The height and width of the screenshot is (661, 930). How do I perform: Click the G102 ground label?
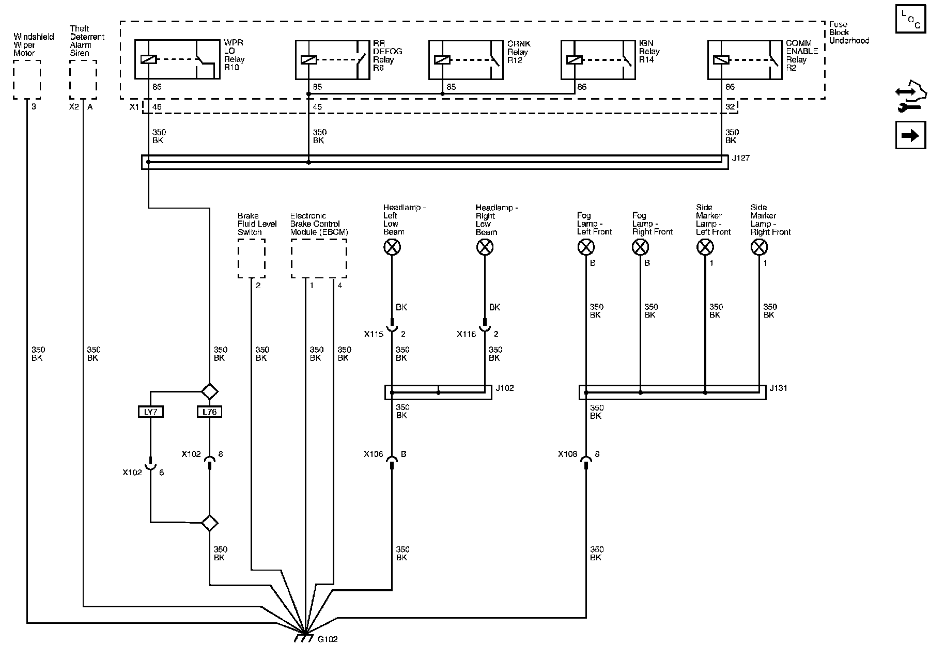click(327, 639)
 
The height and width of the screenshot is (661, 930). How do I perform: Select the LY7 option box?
click(150, 412)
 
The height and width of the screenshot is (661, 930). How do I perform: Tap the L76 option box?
click(209, 412)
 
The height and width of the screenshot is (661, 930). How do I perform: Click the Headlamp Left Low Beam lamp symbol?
click(392, 248)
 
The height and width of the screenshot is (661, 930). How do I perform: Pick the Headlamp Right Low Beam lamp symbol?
click(485, 248)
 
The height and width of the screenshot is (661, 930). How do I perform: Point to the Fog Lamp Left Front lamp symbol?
click(585, 248)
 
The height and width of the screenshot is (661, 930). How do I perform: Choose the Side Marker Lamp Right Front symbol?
click(758, 248)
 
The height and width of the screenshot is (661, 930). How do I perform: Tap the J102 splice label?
click(505, 388)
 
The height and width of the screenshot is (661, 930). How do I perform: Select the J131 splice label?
click(778, 388)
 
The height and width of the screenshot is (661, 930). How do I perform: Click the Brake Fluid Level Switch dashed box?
click(252, 259)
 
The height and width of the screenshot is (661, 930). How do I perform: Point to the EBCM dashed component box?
click(319, 259)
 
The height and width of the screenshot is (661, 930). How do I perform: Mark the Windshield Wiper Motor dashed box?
click(27, 79)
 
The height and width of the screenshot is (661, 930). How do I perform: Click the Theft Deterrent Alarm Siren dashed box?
click(83, 79)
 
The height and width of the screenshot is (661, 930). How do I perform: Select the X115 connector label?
click(374, 334)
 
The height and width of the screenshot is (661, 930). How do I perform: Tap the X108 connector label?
click(568, 454)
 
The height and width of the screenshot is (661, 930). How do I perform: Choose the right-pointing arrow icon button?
click(910, 135)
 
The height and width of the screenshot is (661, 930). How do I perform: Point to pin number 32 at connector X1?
click(730, 107)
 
